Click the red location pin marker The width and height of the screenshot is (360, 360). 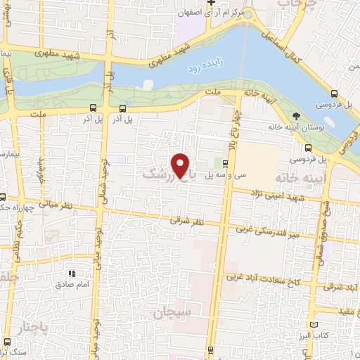181,167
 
